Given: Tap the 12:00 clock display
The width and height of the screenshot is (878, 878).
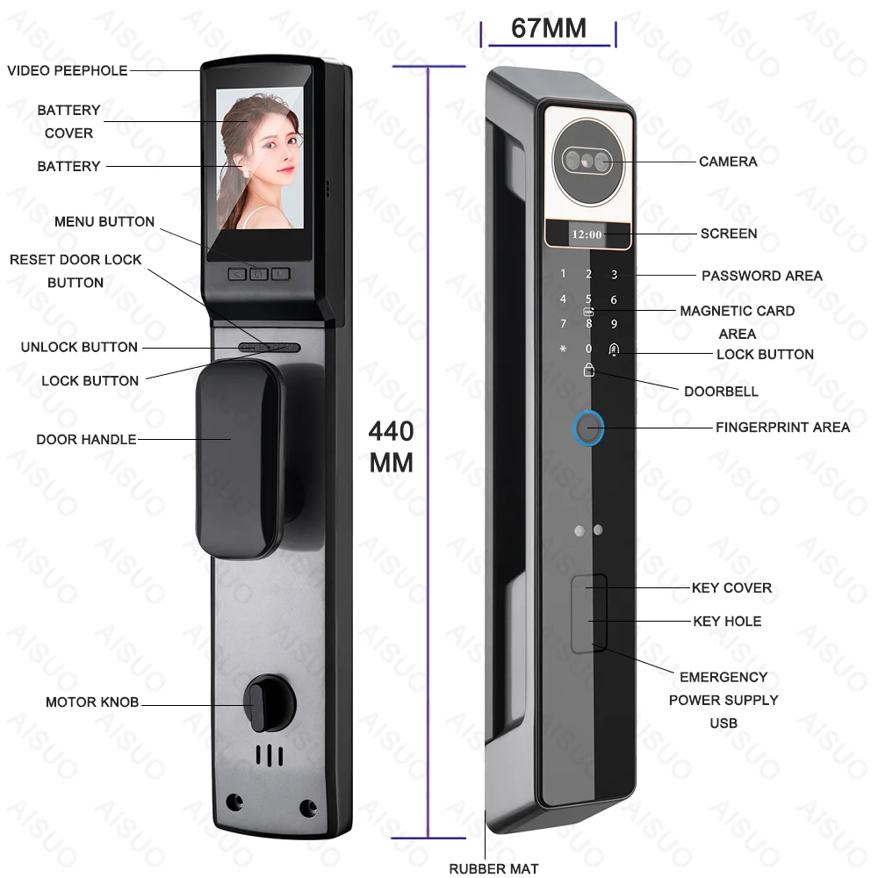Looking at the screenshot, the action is (587, 234).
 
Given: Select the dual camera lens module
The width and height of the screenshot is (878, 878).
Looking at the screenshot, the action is (587, 160).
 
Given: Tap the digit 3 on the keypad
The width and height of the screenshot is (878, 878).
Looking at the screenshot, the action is (615, 275).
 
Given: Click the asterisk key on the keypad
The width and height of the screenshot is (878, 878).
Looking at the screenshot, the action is (563, 349).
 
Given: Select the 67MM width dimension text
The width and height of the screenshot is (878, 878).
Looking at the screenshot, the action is (549, 28).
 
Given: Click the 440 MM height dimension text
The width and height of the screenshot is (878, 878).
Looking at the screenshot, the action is (391, 447).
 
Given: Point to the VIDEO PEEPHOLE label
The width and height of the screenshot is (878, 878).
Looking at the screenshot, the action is (68, 70).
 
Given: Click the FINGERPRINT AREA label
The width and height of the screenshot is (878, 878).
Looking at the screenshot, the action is (783, 428).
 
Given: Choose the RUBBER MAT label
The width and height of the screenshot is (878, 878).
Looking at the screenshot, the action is (493, 868).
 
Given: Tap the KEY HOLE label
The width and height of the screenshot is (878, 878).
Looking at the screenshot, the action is (727, 622).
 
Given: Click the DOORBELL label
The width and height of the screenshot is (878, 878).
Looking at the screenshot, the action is (721, 391).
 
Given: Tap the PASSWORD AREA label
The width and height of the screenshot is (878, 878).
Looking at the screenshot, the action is (761, 276).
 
